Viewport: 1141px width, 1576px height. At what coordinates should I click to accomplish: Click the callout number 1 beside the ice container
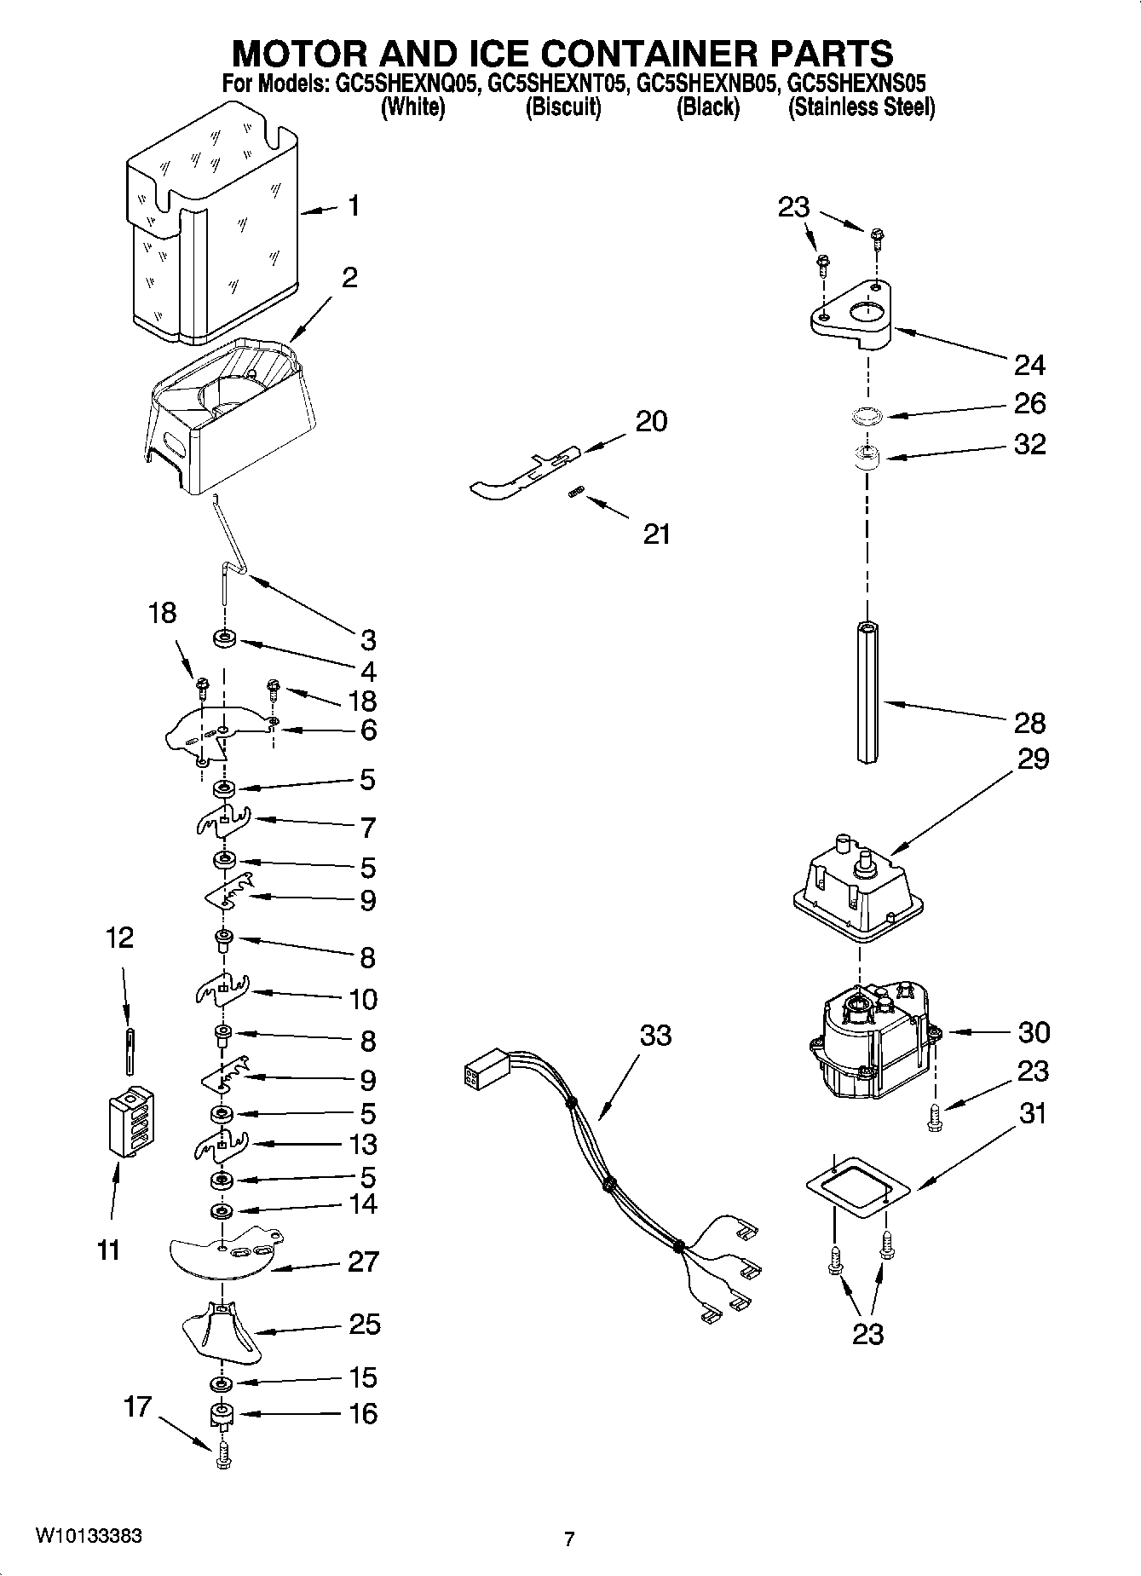tap(353, 206)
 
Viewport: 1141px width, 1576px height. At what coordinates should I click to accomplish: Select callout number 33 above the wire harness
tap(655, 1035)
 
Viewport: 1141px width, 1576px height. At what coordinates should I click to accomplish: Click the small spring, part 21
tap(576, 492)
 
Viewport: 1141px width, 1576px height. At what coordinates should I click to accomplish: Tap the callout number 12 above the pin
tap(119, 938)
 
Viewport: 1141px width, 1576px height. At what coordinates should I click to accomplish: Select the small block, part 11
tap(130, 1123)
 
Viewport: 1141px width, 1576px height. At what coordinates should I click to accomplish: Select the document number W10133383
tap(88, 1536)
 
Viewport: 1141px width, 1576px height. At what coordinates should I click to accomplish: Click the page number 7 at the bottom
tap(569, 1538)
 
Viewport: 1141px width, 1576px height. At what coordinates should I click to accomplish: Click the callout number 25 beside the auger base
tap(364, 1324)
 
